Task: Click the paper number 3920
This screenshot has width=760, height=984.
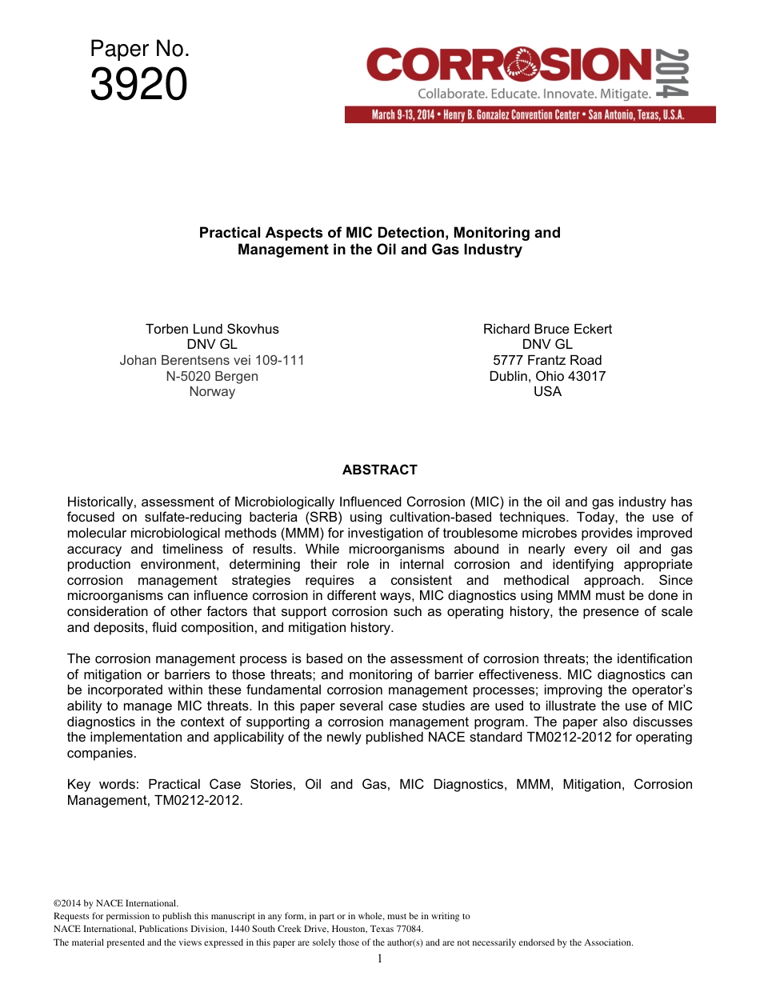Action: (x=138, y=85)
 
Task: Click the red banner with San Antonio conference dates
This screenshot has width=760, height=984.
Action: (x=530, y=114)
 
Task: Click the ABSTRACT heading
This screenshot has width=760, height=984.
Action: (x=379, y=470)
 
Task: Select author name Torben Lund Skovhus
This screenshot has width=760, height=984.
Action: (x=212, y=329)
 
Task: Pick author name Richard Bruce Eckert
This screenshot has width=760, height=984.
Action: (x=547, y=329)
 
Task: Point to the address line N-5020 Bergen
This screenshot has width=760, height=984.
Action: (x=212, y=376)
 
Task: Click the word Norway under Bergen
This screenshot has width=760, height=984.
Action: (x=212, y=391)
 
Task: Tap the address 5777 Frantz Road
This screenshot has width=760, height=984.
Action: (x=547, y=360)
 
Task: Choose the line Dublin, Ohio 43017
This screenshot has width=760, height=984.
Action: (x=547, y=376)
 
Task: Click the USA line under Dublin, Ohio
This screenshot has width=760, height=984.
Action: (x=547, y=391)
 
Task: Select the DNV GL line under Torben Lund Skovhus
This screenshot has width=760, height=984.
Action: (x=212, y=345)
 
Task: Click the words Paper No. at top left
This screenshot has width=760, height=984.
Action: (x=139, y=49)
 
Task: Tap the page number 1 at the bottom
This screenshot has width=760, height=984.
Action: (x=380, y=958)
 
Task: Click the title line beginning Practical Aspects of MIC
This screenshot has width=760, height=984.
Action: (x=379, y=233)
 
